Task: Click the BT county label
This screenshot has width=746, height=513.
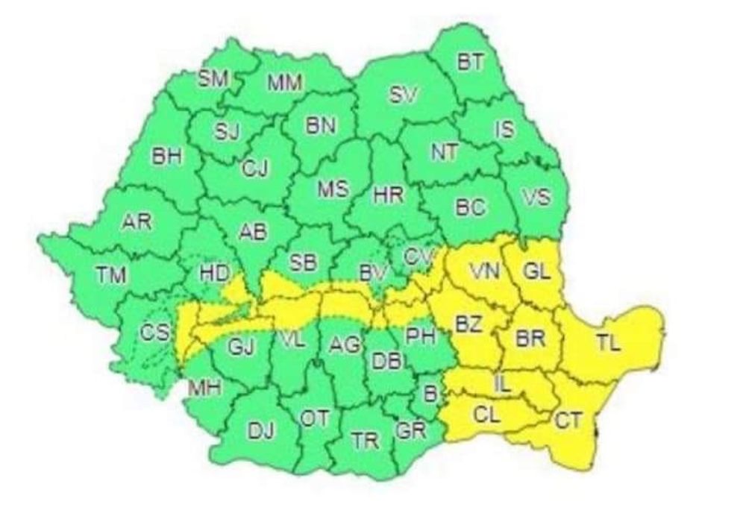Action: (x=470, y=63)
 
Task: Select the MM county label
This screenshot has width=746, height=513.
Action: (x=284, y=84)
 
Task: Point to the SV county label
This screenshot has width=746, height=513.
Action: (x=405, y=95)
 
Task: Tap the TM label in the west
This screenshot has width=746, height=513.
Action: (x=110, y=274)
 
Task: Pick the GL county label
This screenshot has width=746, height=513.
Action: (x=536, y=271)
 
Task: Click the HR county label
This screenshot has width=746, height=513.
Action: (x=388, y=196)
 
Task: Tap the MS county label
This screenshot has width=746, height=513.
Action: (x=333, y=190)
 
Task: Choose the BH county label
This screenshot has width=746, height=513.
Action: (x=166, y=157)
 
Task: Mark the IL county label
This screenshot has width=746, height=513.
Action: (x=504, y=385)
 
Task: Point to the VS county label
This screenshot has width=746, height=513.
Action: (x=536, y=198)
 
